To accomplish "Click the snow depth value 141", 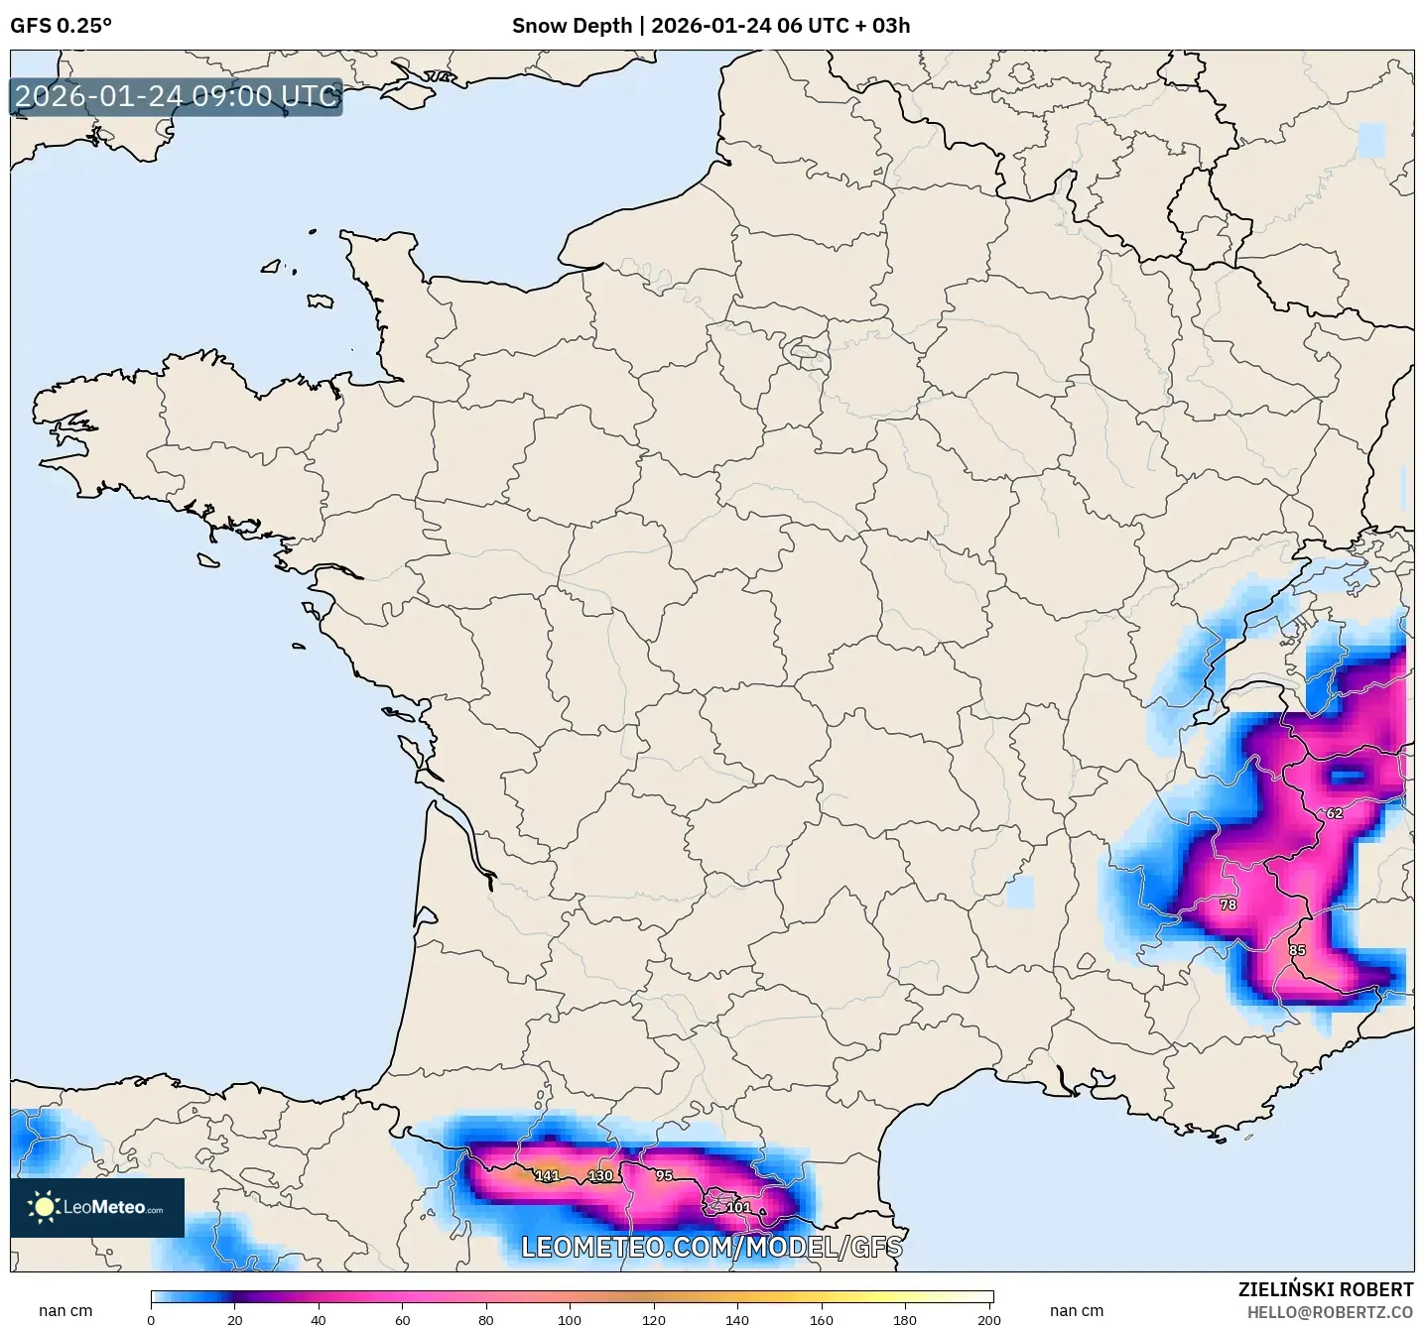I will (x=547, y=1176).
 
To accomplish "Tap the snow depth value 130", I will (x=600, y=1176).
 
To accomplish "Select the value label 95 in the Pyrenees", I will (x=664, y=1175).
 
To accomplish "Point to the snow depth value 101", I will (x=738, y=1207).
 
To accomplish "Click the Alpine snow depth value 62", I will (x=1335, y=813).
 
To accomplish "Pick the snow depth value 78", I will (x=1229, y=905).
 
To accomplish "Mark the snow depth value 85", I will (x=1298, y=950).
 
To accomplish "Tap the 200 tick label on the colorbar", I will (x=988, y=1320).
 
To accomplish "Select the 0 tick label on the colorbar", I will (x=151, y=1320).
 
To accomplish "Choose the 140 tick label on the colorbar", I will (x=737, y=1320).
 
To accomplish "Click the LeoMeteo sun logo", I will (x=44, y=1207).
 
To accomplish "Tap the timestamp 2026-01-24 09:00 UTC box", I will (x=177, y=96).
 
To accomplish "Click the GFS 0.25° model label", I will (x=61, y=26).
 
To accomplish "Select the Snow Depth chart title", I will (x=711, y=26).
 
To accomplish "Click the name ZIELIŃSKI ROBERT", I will (x=1326, y=1289).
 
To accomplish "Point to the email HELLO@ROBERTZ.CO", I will (x=1330, y=1312).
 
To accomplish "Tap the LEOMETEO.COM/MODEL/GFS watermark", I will (x=712, y=1247).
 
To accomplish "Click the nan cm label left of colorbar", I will (x=65, y=1311).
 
